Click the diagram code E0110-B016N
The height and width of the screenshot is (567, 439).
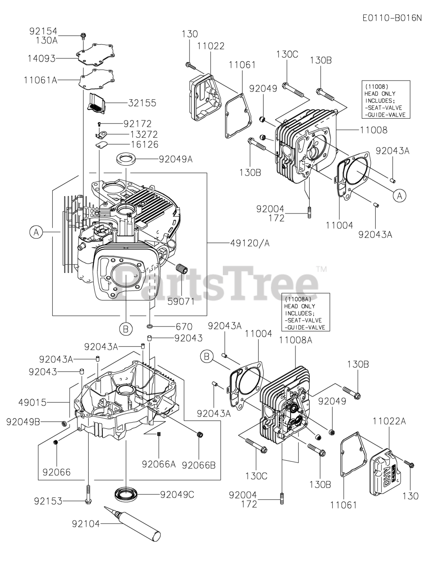coord(392,18)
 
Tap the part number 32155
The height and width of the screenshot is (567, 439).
coord(142,103)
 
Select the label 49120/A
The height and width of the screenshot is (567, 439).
coord(250,243)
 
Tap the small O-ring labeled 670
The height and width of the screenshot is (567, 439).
coord(151,327)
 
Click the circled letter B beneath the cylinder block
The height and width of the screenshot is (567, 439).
coord(126,329)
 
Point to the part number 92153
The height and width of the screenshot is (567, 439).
coord(48,501)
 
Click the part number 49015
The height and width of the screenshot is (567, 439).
coord(32,402)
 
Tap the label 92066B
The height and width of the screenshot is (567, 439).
coord(198,465)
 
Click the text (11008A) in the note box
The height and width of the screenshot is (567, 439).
coord(295,299)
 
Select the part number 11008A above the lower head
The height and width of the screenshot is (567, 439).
coord(295,340)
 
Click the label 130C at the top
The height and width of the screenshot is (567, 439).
coord(287,54)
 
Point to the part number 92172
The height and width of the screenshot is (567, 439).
coord(137,124)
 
